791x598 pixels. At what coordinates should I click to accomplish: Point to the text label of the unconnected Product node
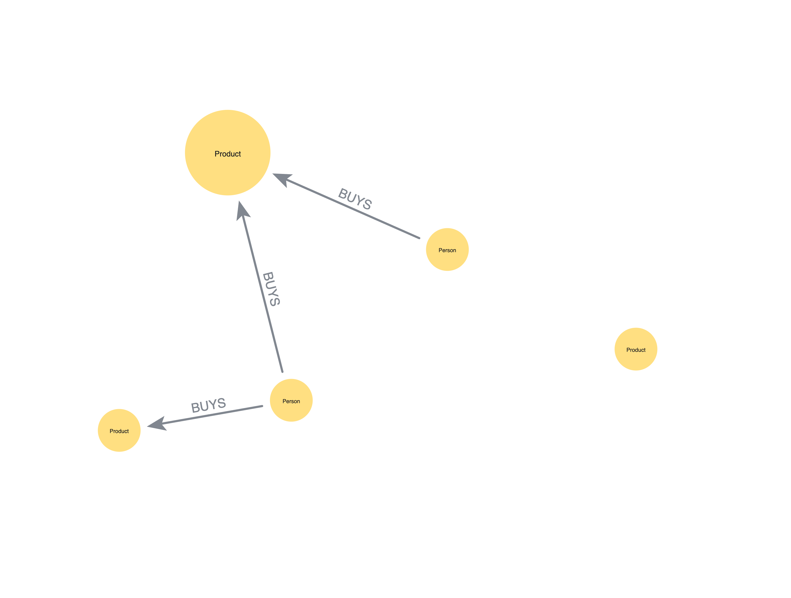636,350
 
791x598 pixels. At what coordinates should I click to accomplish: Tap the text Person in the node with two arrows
291,401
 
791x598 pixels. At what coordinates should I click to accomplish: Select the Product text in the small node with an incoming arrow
119,431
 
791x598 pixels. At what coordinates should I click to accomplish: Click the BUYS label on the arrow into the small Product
208,405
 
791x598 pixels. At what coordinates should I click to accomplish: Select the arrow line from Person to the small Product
214,415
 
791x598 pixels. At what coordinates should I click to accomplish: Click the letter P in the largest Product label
217,154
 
